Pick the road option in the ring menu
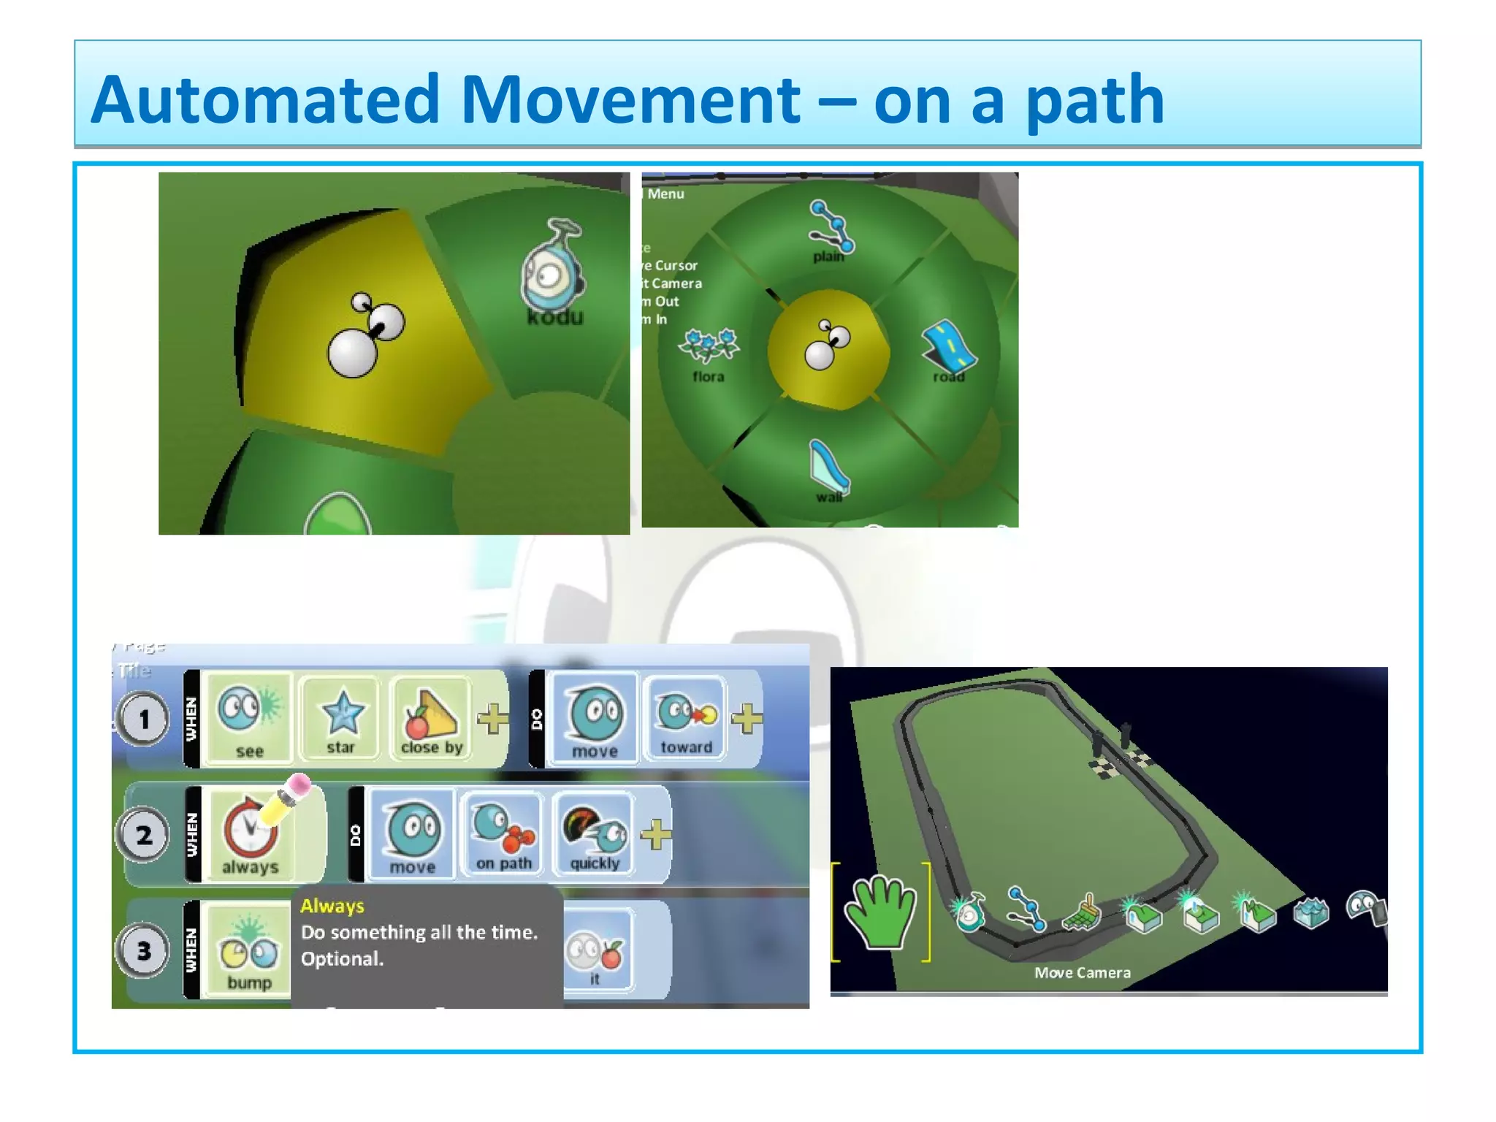click(949, 348)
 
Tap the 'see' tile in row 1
click(249, 717)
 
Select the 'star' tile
click(341, 717)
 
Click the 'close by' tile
click(431, 717)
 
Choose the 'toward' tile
click(686, 717)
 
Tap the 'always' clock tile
click(251, 833)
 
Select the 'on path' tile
click(503, 833)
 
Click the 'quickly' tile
click(595, 833)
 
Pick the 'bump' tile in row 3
click(249, 950)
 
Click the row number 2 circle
click(144, 834)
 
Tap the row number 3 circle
click(144, 950)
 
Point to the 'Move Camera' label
click(1082, 972)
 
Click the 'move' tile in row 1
click(595, 717)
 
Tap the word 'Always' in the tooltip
click(332, 906)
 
